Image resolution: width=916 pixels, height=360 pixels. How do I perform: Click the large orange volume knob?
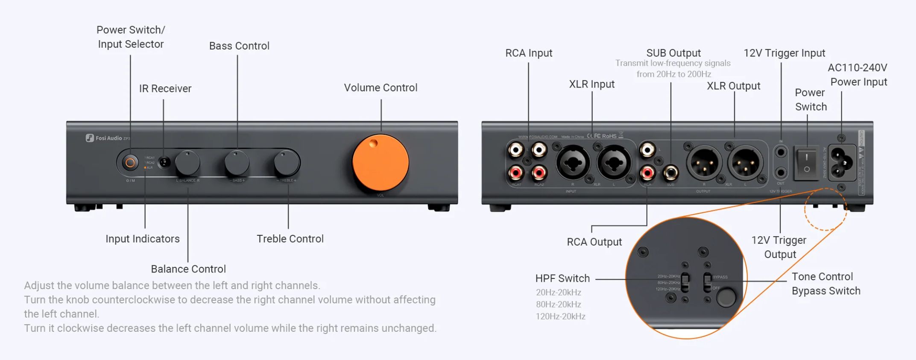[x=380, y=163]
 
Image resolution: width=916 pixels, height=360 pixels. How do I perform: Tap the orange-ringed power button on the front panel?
[x=130, y=162]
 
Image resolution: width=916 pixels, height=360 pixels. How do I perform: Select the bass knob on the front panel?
[x=237, y=162]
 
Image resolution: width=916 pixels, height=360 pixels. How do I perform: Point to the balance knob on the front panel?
[x=187, y=162]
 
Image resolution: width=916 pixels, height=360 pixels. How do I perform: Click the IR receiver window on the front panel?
[x=164, y=162]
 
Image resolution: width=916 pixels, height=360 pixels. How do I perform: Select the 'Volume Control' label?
[x=380, y=88]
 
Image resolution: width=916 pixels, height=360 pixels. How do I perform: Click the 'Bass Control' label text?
[x=239, y=46]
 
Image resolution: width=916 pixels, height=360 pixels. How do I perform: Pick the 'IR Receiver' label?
[x=165, y=88]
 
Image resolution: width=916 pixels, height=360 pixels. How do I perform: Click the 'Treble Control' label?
[x=290, y=239]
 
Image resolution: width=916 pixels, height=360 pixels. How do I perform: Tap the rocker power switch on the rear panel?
[x=806, y=163]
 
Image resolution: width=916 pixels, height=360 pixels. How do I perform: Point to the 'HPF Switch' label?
[x=562, y=278]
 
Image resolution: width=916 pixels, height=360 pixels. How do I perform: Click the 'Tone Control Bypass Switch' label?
[x=825, y=284]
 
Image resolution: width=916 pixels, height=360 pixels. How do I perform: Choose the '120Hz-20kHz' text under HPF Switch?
[x=560, y=316]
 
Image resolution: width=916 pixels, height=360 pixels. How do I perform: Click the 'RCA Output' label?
[x=594, y=242]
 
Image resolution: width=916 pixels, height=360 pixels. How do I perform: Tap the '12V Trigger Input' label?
[x=784, y=53]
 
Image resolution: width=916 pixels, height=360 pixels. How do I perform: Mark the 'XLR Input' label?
[x=591, y=84]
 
